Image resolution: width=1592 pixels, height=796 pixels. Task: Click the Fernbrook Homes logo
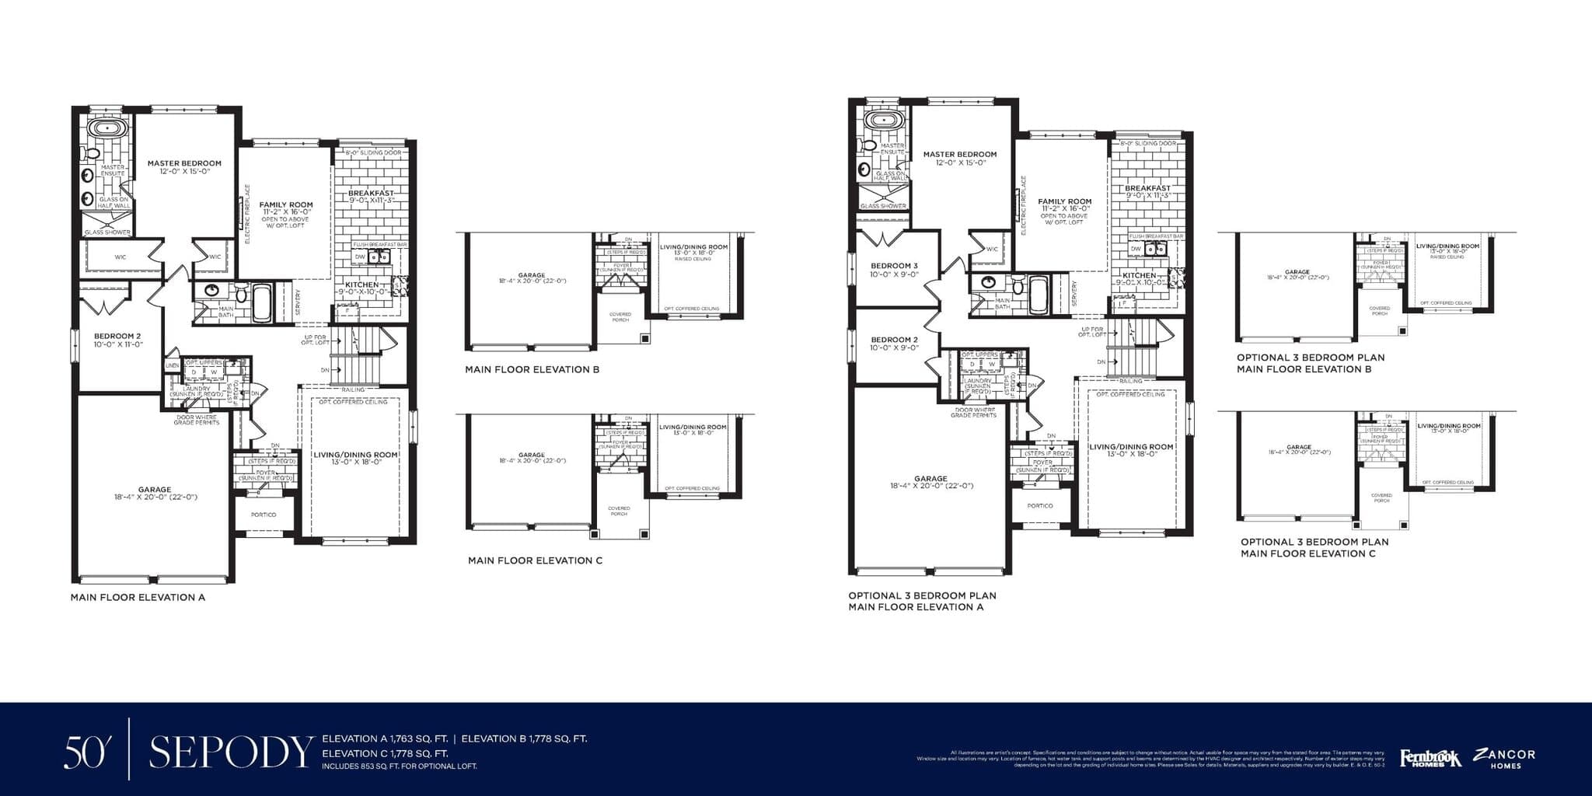(x=1430, y=758)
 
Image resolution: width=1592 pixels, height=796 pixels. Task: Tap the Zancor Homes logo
(x=1505, y=758)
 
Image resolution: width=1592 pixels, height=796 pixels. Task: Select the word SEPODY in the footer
(x=231, y=752)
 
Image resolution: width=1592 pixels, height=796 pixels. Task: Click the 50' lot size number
(x=84, y=752)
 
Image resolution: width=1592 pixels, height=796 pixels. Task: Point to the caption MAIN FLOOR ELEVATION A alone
(x=138, y=598)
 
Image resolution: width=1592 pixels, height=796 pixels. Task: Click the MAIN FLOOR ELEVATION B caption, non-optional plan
(x=532, y=370)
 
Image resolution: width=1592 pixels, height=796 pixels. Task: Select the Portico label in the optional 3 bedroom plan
(x=1039, y=506)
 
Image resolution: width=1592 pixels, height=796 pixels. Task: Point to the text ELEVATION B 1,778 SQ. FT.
(x=524, y=739)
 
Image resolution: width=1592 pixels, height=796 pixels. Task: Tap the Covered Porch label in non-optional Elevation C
(x=619, y=511)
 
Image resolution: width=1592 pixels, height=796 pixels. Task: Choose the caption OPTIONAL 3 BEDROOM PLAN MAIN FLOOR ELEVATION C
(x=1314, y=548)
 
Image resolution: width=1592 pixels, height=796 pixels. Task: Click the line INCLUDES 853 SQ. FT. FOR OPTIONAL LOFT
(x=399, y=766)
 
